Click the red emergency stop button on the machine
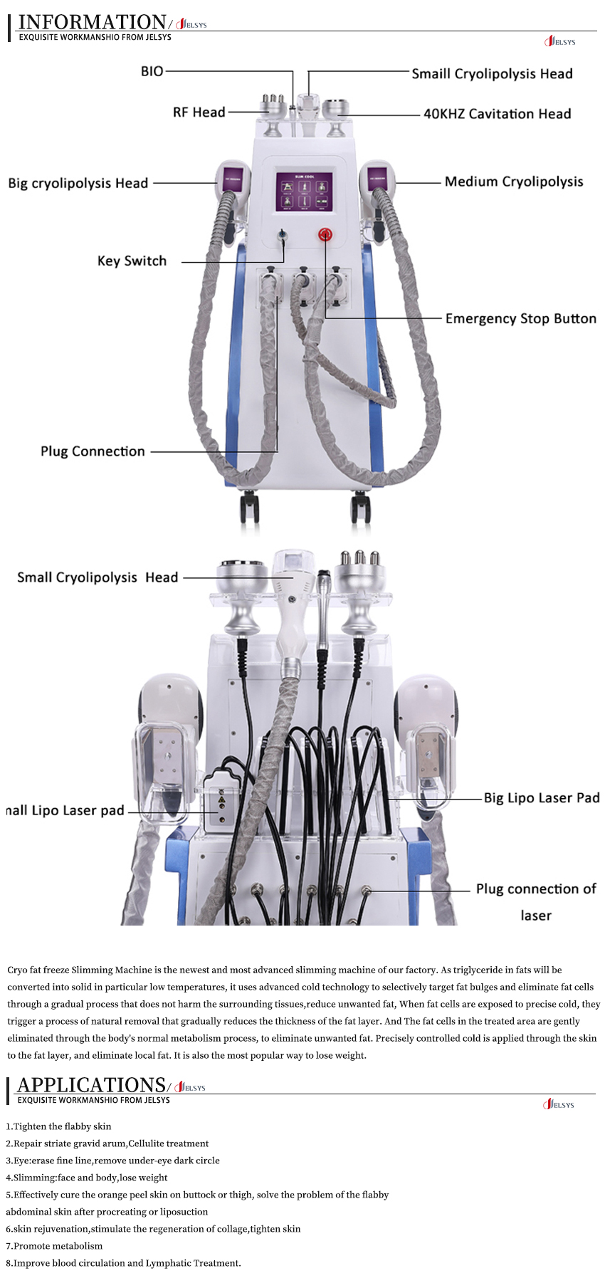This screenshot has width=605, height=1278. tap(325, 234)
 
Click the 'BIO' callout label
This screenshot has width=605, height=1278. tap(152, 71)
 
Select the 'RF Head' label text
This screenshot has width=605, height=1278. tap(199, 112)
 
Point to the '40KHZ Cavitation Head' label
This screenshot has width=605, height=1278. tap(497, 114)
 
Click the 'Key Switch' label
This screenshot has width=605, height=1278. tap(132, 261)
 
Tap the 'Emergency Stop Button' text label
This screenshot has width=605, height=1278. tap(520, 318)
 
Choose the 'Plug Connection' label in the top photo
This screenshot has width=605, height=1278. tap(93, 451)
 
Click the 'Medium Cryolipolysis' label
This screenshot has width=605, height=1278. tap(513, 182)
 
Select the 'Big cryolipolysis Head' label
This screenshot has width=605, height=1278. tap(78, 183)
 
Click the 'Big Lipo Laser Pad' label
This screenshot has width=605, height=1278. tap(541, 798)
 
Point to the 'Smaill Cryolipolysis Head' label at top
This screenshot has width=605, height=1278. tap(492, 73)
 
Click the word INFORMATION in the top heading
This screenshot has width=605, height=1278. tap(92, 22)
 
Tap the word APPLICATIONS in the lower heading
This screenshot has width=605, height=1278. tap(91, 1085)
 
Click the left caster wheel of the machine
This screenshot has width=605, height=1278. tap(249, 506)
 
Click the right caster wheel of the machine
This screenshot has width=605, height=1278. tap(361, 506)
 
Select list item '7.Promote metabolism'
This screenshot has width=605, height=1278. tap(54, 1246)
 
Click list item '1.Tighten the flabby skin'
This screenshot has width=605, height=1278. tap(58, 1126)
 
